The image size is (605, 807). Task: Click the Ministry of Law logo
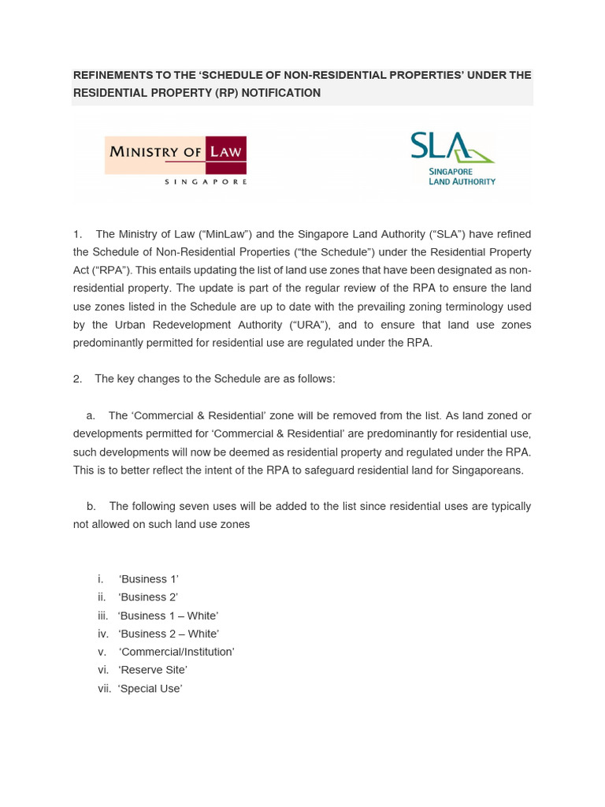pyautogui.click(x=176, y=160)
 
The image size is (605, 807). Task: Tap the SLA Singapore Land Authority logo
pyautogui.click(x=452, y=158)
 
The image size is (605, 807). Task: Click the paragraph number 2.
pyautogui.click(x=77, y=379)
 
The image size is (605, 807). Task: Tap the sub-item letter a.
pyautogui.click(x=91, y=415)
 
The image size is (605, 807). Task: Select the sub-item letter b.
pyautogui.click(x=91, y=506)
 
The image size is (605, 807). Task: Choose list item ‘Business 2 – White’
pyautogui.click(x=169, y=634)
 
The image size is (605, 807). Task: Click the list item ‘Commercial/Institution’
pyautogui.click(x=176, y=652)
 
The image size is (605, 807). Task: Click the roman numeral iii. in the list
pyautogui.click(x=102, y=615)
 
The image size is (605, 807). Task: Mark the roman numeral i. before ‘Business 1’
pyautogui.click(x=101, y=579)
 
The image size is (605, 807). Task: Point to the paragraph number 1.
pyautogui.click(x=77, y=234)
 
